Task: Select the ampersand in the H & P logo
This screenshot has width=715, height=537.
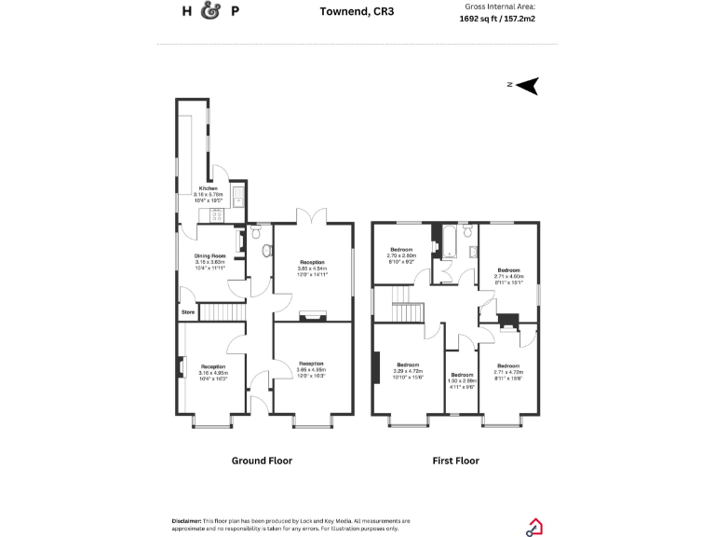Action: [210, 12]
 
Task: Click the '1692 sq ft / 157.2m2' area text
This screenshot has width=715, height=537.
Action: [497, 18]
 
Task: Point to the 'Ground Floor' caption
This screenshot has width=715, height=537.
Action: [262, 461]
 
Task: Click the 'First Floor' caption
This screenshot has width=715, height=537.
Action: [455, 461]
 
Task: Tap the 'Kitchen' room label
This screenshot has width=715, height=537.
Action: [208, 188]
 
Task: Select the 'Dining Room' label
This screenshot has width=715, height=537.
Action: [209, 256]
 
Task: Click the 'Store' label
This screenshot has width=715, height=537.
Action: [188, 311]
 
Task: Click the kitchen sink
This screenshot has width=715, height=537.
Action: [238, 197]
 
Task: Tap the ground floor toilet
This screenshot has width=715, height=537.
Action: [267, 250]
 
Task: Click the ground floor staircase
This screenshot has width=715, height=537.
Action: [222, 311]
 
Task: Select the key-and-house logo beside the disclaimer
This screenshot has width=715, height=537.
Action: [535, 527]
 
